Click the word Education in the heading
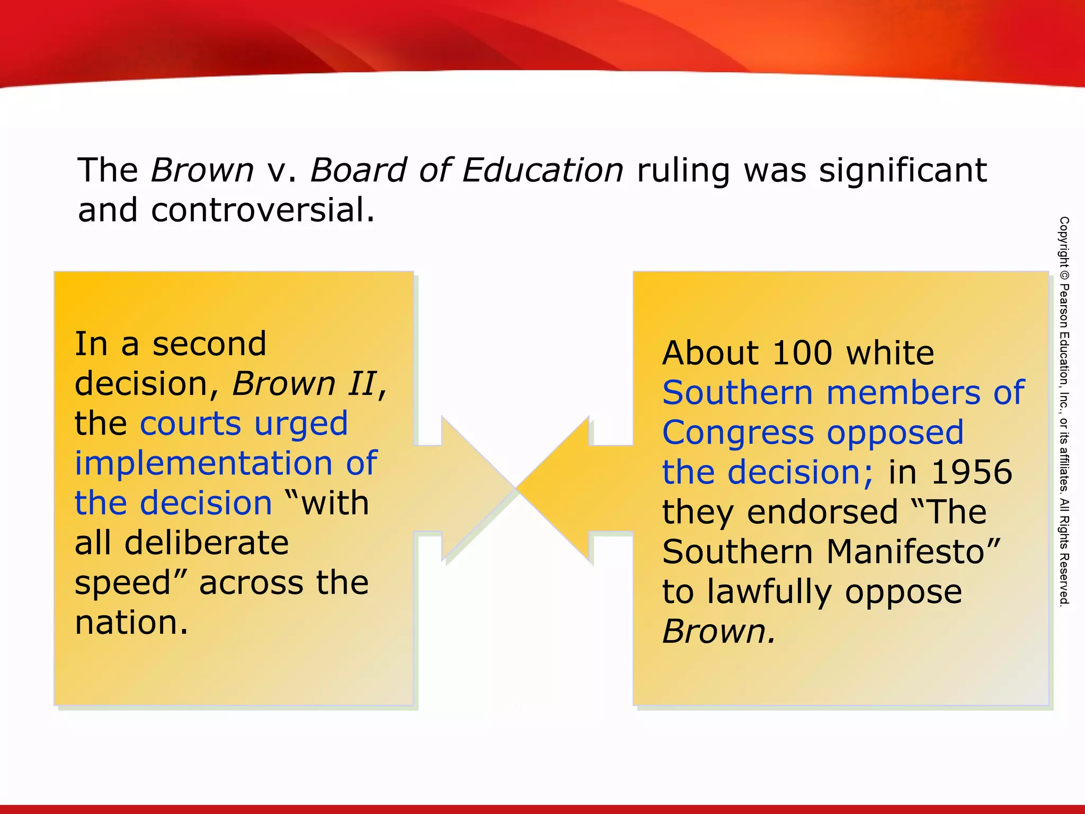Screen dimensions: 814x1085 click(x=542, y=170)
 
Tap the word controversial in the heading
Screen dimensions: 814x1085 click(x=263, y=210)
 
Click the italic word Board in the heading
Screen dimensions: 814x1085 click(x=358, y=170)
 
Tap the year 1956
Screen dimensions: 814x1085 click(x=972, y=472)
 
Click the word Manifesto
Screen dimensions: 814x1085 click(x=912, y=552)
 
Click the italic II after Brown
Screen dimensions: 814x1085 click(x=362, y=383)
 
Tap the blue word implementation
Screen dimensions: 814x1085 click(x=203, y=463)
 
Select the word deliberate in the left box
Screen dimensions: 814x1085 click(x=207, y=543)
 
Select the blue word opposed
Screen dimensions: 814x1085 click(x=895, y=433)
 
